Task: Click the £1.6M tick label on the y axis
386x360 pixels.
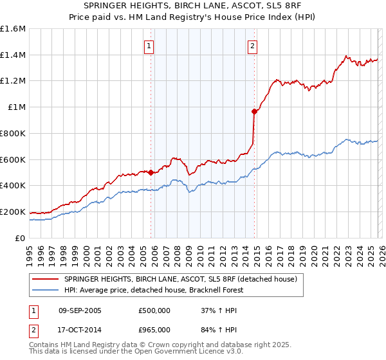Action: (13, 29)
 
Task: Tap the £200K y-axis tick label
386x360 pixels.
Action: (13, 212)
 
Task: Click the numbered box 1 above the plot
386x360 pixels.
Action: (149, 46)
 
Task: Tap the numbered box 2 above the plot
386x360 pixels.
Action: (252, 46)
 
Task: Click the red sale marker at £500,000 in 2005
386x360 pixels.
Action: (151, 172)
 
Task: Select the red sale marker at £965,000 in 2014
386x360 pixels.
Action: (254, 112)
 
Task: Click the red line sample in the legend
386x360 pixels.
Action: (46, 279)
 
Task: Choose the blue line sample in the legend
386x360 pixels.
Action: (46, 291)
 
